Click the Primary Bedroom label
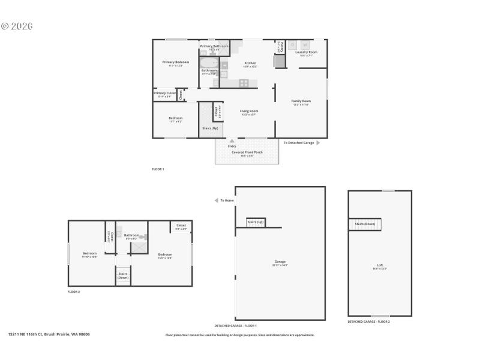point(175,62)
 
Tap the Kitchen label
point(250,64)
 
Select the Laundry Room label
point(306,53)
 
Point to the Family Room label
point(301,101)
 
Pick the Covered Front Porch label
point(247,152)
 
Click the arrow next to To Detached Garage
point(318,143)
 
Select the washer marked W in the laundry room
point(305,45)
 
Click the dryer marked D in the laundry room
point(292,45)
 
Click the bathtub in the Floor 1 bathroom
point(209,63)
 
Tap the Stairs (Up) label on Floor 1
point(210,128)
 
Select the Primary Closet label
point(164,94)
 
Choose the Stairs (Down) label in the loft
point(365,224)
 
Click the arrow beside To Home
point(217,200)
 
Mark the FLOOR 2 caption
point(74,292)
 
